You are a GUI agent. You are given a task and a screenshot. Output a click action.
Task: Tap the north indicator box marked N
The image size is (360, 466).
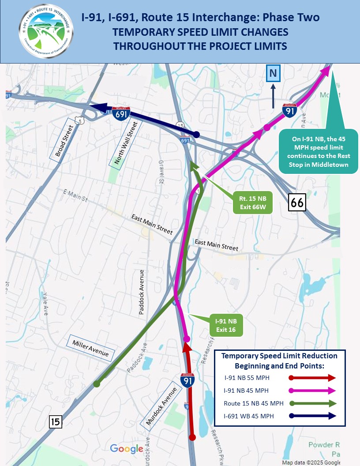tap(273, 73)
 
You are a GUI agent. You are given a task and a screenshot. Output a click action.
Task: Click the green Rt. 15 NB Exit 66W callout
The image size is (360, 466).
tap(252, 202)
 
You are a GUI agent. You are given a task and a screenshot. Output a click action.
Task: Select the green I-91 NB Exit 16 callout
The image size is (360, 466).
tap(226, 326)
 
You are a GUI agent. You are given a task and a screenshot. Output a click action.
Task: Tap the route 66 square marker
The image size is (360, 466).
tap(297, 203)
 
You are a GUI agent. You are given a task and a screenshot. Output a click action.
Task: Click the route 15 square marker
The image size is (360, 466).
tap(55, 422)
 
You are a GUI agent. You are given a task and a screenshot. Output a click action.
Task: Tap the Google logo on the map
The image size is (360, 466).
tap(126, 449)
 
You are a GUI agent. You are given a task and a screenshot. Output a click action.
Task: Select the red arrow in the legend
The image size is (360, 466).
tap(312, 378)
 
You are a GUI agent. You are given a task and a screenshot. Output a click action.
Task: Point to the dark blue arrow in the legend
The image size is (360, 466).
tap(312, 416)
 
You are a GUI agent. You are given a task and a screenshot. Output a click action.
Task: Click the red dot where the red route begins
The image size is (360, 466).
tap(192, 437)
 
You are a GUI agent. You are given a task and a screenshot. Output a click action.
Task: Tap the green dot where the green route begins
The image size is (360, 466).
tap(97, 384)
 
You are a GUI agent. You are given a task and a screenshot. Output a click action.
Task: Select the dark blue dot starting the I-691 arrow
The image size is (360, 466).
tap(197, 134)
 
